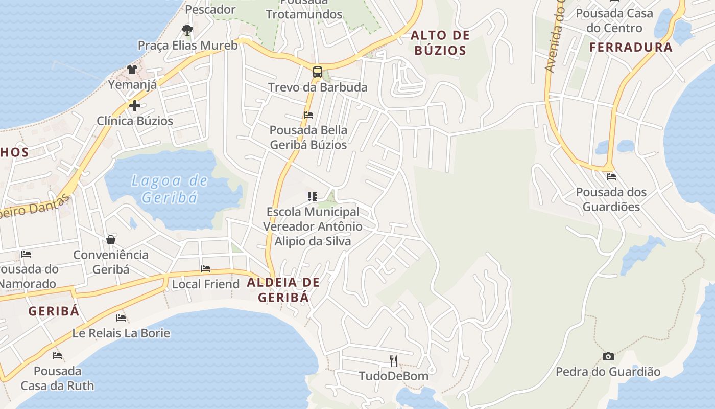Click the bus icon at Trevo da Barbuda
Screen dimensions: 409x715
point(318,72)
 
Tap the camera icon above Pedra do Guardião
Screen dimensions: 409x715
point(608,356)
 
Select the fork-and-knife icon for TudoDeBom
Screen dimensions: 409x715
point(394,361)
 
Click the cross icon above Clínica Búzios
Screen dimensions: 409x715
point(135,106)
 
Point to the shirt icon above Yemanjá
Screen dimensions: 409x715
point(132,69)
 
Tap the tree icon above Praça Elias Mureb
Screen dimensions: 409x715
point(187,30)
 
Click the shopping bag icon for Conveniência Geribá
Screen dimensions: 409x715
point(111,239)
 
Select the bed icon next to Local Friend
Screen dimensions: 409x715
point(206,268)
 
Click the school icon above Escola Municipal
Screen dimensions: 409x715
point(313,196)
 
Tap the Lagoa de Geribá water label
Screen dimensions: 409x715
point(170,189)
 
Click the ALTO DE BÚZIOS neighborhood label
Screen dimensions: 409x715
point(440,43)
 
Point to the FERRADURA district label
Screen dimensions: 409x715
point(631,48)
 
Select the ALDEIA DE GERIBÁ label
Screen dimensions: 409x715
point(283,290)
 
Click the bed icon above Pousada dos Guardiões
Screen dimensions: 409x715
point(611,177)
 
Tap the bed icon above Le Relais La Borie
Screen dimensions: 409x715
point(121,317)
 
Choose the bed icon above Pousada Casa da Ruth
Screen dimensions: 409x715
point(57,355)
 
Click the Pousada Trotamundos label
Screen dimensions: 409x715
point(304,9)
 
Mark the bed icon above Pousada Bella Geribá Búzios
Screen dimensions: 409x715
point(308,115)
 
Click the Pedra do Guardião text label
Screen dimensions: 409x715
point(608,372)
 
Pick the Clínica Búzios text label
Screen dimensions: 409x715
point(135,121)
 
